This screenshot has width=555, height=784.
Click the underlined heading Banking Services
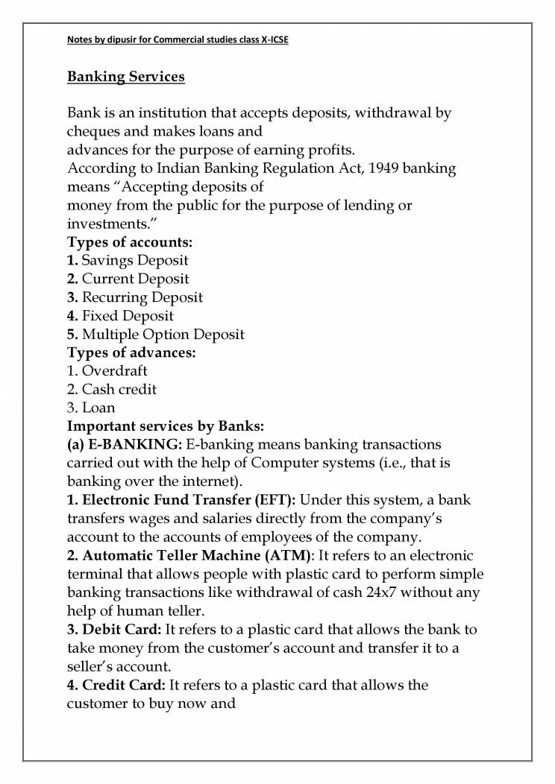pyautogui.click(x=126, y=77)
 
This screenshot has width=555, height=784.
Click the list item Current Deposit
pyautogui.click(x=135, y=279)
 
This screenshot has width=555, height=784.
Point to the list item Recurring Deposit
pyautogui.click(x=142, y=297)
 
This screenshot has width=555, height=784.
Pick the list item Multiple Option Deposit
pyautogui.click(x=163, y=334)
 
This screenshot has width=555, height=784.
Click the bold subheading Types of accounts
pyautogui.click(x=131, y=242)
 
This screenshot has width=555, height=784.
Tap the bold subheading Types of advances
pyautogui.click(x=131, y=352)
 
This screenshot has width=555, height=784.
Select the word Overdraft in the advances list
pyautogui.click(x=115, y=370)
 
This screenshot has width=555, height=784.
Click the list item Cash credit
pyautogui.click(x=119, y=389)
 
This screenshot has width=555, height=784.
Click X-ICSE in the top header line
pyautogui.click(x=271, y=39)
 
